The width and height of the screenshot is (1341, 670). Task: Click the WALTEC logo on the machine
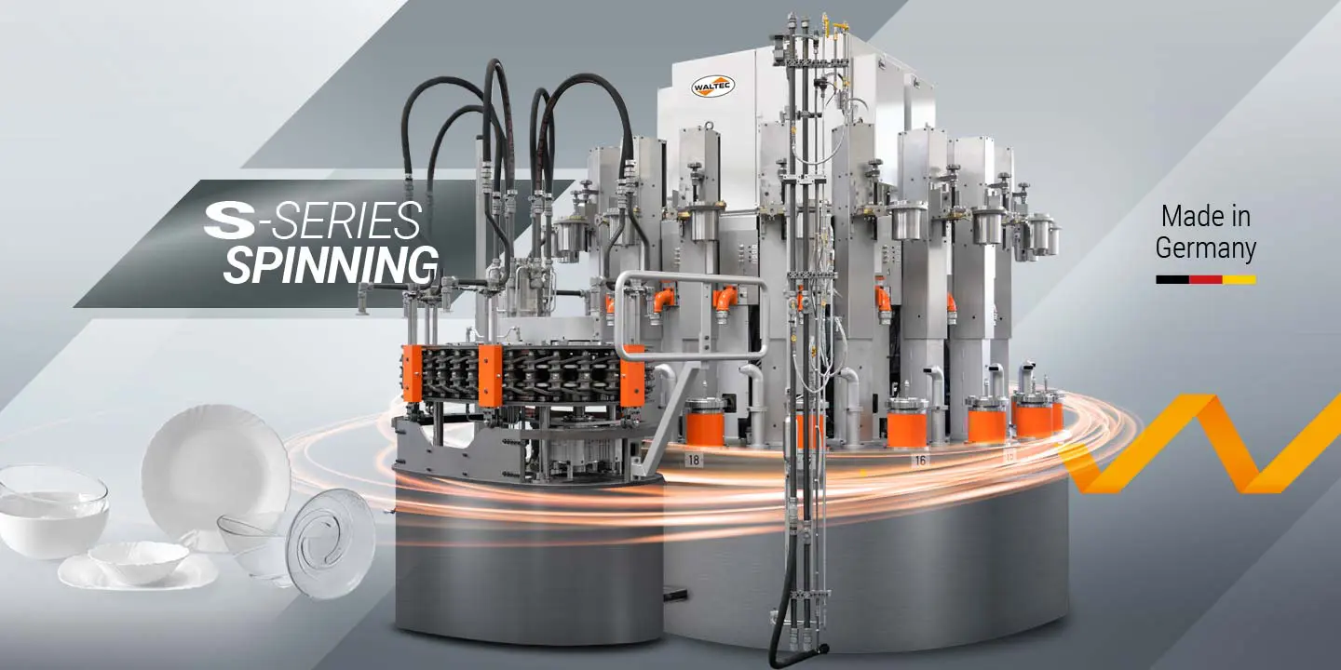712,87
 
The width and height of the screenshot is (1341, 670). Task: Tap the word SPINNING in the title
331,264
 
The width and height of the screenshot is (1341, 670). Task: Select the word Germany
1206,248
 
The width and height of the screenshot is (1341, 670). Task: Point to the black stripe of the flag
1172,279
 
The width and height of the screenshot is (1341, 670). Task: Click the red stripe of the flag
1206,279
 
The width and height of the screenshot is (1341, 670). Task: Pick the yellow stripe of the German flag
1239,279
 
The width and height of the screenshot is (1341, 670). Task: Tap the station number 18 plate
694,460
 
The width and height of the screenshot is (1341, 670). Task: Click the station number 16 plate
920,460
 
